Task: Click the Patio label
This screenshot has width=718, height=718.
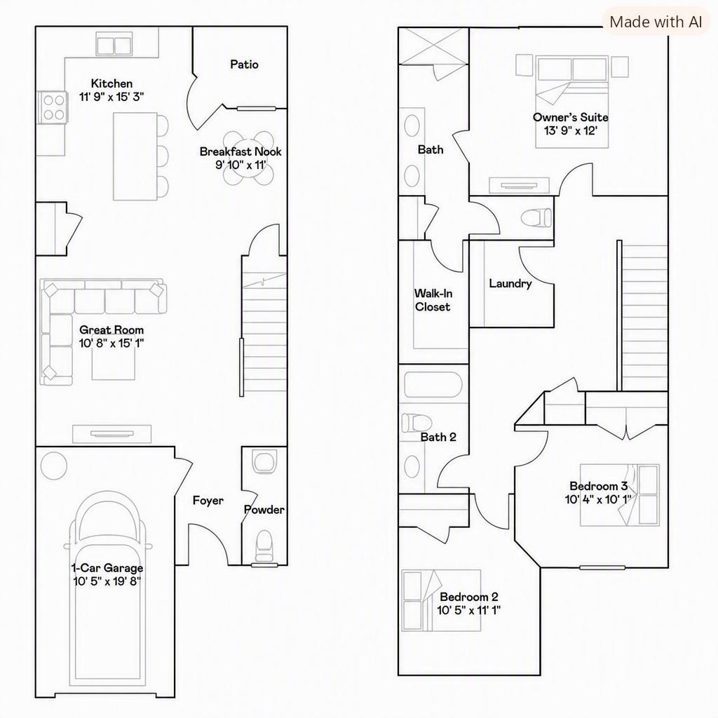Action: coord(244,64)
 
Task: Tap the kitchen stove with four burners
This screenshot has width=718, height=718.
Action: coord(53,107)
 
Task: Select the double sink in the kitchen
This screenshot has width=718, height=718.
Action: coord(114,44)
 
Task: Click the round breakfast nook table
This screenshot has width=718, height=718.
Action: coord(249,158)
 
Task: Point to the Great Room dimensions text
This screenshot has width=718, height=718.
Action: coord(111,343)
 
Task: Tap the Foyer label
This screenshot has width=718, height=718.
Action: coord(208,501)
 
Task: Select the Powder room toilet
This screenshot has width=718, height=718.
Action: coord(264,546)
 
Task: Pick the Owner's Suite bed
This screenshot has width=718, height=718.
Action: coord(572,102)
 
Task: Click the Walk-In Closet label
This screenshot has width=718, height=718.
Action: coord(433,300)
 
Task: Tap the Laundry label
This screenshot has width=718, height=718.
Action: coord(510,283)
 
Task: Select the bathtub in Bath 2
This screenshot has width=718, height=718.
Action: coord(433,384)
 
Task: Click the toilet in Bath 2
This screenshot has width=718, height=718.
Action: coord(416,423)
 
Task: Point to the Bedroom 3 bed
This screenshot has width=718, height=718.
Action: coord(620,494)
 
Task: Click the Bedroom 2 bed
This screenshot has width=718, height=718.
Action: coord(442,600)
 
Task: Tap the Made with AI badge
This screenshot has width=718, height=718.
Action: coord(656,22)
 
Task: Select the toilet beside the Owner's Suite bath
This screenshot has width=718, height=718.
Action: coord(536,217)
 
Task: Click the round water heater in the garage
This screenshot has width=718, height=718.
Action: coord(53,466)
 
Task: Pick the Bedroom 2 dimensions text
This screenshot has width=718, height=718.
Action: coord(468,611)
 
